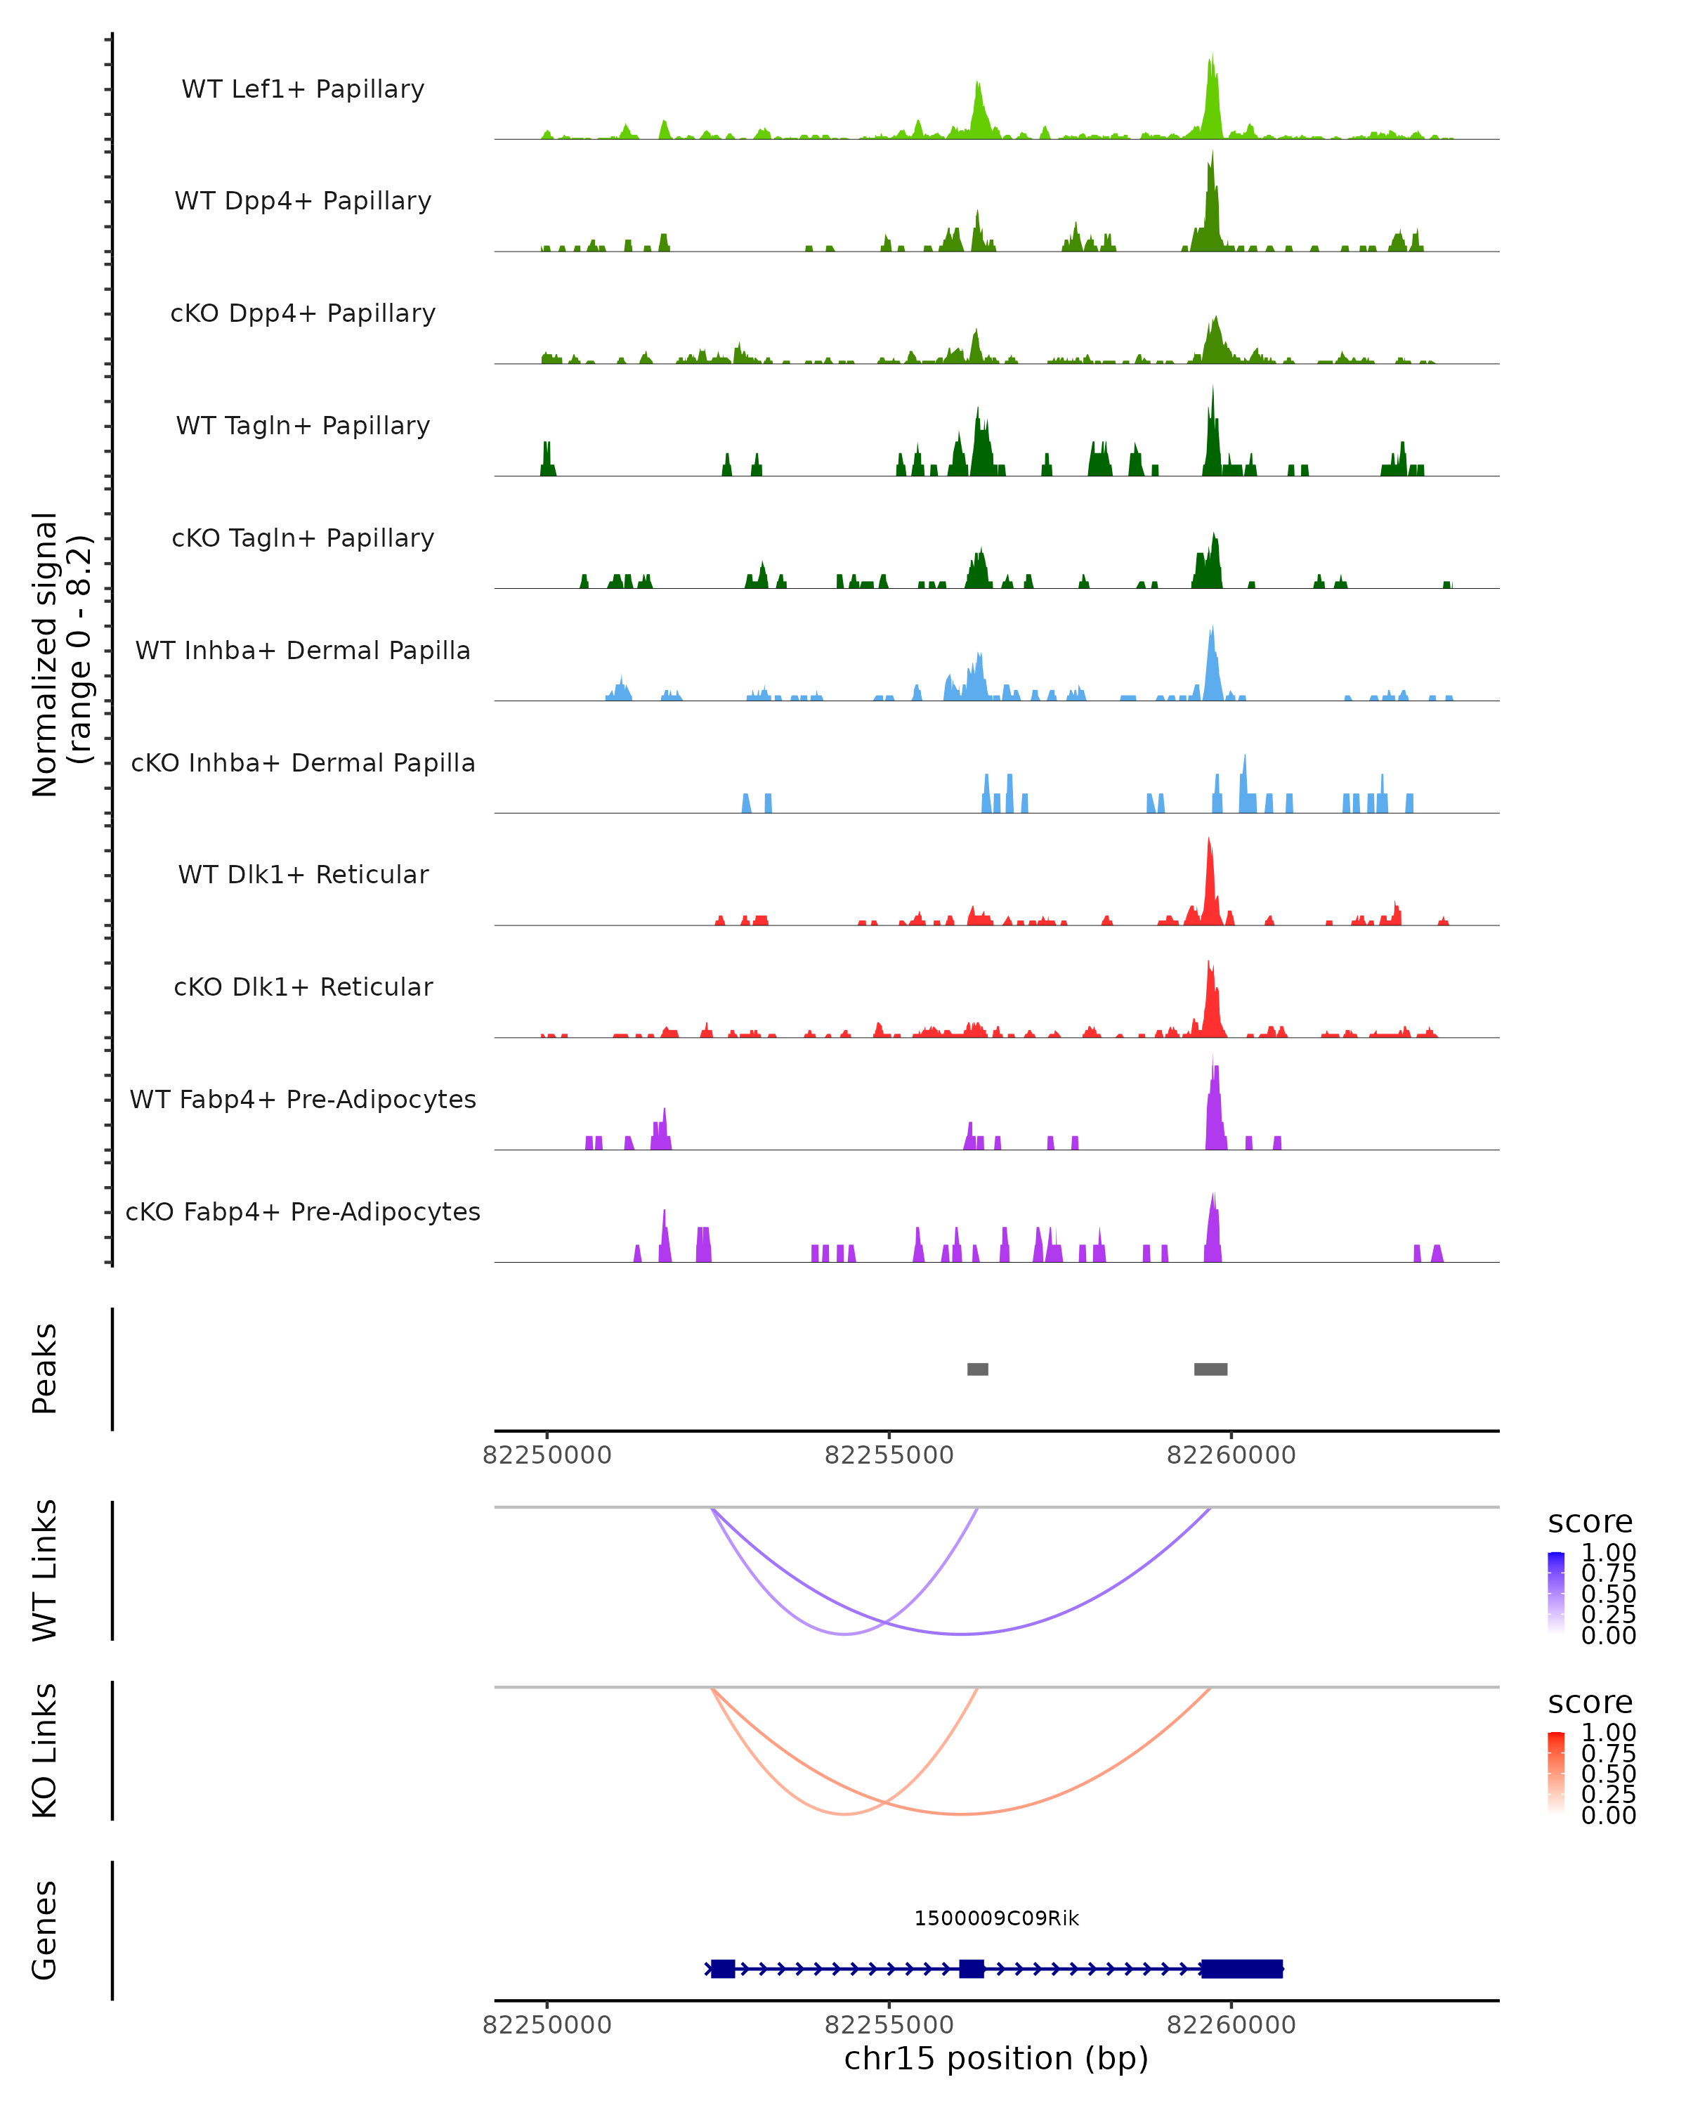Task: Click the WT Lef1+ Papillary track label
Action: click(303, 89)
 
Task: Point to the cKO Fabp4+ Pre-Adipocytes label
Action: click(303, 1211)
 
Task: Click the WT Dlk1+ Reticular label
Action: click(303, 874)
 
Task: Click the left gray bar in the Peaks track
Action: click(977, 1369)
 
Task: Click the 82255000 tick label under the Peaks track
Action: click(889, 1455)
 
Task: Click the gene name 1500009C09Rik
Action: click(996, 1918)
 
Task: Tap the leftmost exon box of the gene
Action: click(722, 1968)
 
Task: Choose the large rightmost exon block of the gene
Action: click(1241, 1968)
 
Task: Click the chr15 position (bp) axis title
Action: click(996, 2058)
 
